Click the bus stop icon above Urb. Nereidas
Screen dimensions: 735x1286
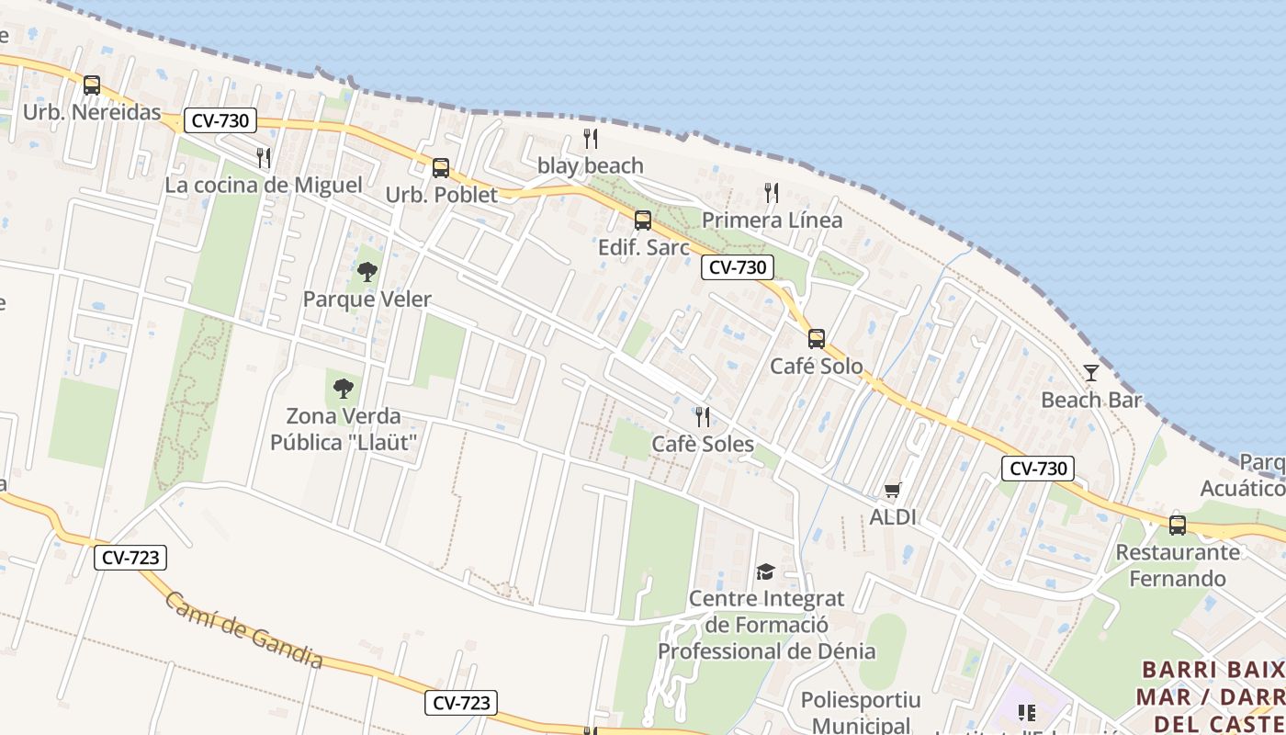[x=91, y=85]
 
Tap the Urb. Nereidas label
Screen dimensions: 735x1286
[x=92, y=113]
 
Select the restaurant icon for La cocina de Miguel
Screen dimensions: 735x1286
[x=264, y=158]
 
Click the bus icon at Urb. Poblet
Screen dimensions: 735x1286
[x=441, y=168]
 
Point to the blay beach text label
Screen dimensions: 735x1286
[x=590, y=166]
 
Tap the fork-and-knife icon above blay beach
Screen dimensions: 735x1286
[x=591, y=139]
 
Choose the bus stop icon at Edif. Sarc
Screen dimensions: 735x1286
[x=643, y=220]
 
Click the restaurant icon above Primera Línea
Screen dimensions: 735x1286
[x=772, y=193]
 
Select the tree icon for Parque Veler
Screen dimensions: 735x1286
[x=367, y=272]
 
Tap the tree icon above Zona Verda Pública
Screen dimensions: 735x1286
[x=344, y=389]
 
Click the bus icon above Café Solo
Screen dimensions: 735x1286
[x=817, y=339]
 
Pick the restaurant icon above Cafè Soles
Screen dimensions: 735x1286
[x=703, y=417]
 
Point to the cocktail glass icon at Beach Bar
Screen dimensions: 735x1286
[x=1091, y=372]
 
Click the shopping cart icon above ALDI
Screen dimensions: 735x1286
[x=893, y=491]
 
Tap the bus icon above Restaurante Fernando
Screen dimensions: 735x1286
[x=1178, y=526]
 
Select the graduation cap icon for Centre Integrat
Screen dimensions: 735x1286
[x=765, y=572]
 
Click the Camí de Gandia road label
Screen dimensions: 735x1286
[x=244, y=630]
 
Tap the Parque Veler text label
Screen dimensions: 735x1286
[x=367, y=300]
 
